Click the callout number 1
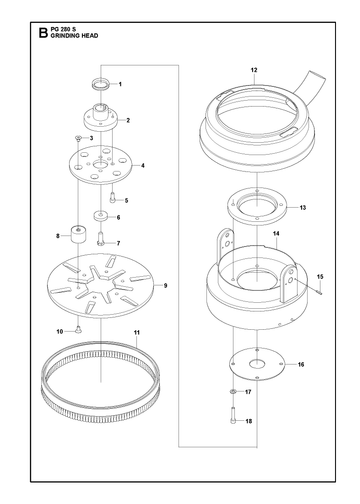(x=120, y=84)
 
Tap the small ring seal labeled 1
(x=101, y=83)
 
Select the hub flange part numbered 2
(x=100, y=118)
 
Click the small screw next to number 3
(x=79, y=138)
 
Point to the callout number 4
(x=143, y=165)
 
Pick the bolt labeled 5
(x=113, y=198)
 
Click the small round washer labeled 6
(x=100, y=216)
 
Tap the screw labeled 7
(x=101, y=240)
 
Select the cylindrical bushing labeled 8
(x=78, y=235)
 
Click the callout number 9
(x=165, y=286)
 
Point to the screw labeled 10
(x=78, y=330)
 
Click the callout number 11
(x=137, y=333)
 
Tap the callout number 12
(x=254, y=70)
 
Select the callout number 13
(x=303, y=208)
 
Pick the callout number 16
(x=301, y=364)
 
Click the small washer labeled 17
(x=233, y=391)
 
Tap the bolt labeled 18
(x=233, y=416)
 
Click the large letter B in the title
(x=43, y=33)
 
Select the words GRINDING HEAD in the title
(x=74, y=36)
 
